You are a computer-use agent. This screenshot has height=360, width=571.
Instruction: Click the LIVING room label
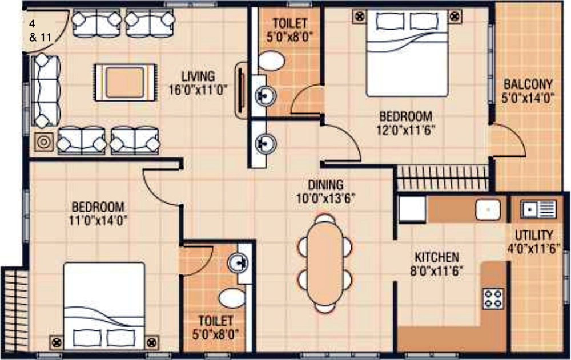coord(198,76)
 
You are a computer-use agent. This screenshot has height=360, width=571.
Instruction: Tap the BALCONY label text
coord(528,84)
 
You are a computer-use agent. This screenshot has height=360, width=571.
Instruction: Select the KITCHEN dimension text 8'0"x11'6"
coord(437,271)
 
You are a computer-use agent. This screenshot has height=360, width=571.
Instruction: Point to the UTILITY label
coord(534,235)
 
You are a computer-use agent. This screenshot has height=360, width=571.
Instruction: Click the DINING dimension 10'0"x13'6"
coord(325,199)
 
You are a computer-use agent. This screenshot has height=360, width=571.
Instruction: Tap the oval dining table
coord(325,264)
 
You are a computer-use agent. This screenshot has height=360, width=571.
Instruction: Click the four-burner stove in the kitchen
coord(493,298)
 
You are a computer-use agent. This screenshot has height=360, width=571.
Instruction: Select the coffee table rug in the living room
coord(125,82)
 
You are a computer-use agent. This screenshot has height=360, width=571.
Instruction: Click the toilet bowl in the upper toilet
coord(271,60)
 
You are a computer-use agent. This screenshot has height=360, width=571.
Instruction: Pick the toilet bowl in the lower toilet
coord(232,298)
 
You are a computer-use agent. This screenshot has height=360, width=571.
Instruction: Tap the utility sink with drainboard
coord(538,209)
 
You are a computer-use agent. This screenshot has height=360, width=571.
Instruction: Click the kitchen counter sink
coord(488,209)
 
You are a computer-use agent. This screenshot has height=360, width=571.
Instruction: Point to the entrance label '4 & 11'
coord(40,31)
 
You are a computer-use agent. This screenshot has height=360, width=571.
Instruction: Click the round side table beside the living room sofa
coord(44,142)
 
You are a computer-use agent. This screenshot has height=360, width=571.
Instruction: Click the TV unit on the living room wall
coord(241,90)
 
